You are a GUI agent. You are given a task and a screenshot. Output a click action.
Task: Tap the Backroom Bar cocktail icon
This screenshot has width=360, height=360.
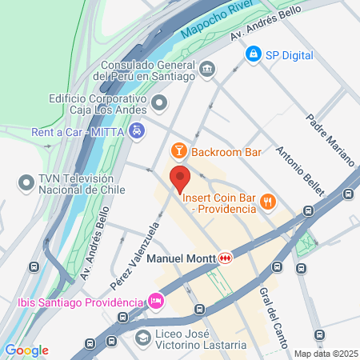179,150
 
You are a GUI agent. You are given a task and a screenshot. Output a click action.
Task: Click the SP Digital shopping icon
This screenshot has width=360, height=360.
254,54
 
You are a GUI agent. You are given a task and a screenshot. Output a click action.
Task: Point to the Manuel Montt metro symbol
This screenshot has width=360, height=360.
226,258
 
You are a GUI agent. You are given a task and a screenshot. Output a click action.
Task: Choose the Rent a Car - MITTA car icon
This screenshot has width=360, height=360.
138,130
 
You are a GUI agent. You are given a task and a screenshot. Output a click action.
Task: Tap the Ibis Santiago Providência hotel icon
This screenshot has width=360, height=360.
156,302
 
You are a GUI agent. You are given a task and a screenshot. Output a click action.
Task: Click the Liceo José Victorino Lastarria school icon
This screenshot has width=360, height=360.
142,339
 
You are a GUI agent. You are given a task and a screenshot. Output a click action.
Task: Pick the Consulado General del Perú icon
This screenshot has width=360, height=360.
208,70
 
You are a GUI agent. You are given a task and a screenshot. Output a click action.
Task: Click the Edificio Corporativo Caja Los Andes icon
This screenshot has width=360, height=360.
159,103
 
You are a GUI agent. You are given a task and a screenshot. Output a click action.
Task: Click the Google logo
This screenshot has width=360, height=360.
26,350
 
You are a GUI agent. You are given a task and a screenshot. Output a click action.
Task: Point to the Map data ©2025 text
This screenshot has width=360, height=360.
325,354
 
